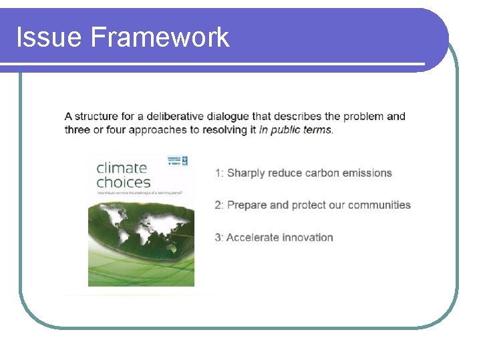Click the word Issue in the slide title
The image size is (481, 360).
(49, 37)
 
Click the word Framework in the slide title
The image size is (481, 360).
(160, 37)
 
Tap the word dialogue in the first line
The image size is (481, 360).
(228, 116)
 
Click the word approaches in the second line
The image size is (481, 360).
(154, 130)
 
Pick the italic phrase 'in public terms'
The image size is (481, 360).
(295, 130)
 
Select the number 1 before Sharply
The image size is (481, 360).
(218, 173)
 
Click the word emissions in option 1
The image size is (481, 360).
(367, 173)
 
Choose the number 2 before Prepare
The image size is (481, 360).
(218, 205)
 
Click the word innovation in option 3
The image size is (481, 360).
(308, 237)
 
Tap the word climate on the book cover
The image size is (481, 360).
(122, 167)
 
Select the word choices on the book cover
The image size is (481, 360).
(123, 182)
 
